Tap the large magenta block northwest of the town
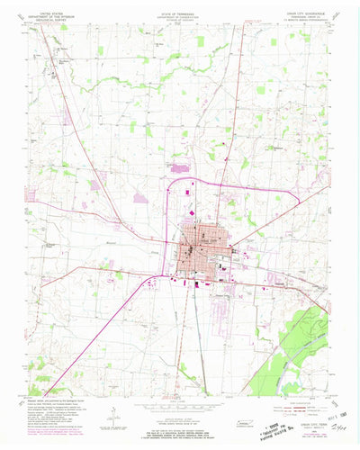[179, 166]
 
